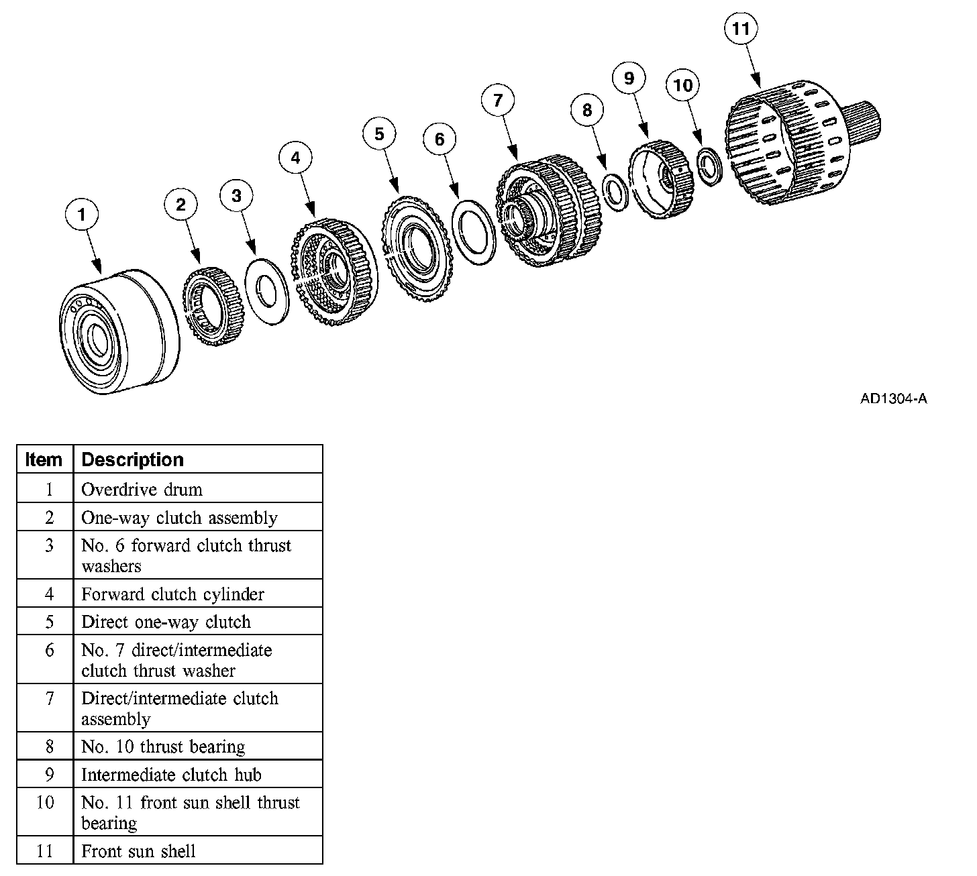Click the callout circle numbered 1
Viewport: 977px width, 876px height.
click(82, 215)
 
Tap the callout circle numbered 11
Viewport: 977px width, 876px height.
click(741, 29)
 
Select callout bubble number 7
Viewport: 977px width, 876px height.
click(498, 101)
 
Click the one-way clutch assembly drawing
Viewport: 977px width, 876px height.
click(214, 305)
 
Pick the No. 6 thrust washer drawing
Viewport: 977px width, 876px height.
click(268, 292)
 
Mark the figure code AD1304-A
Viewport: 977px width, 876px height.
click(893, 399)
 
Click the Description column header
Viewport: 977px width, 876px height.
click(132, 459)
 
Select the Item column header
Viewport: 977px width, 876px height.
click(44, 459)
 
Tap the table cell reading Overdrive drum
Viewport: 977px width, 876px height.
click(142, 489)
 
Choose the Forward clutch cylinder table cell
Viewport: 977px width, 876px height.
click(172, 594)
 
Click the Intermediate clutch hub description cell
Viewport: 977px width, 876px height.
click(171, 775)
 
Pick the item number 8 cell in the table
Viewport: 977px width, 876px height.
click(48, 747)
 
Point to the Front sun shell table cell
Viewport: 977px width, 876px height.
click(139, 851)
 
